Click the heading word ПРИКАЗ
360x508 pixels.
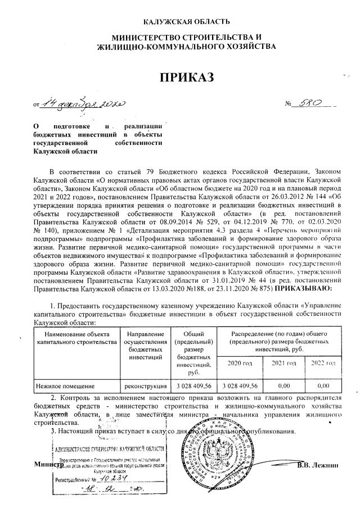click(186, 78)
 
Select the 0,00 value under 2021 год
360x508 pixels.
click(284, 386)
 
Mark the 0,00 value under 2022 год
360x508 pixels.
click(323, 386)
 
